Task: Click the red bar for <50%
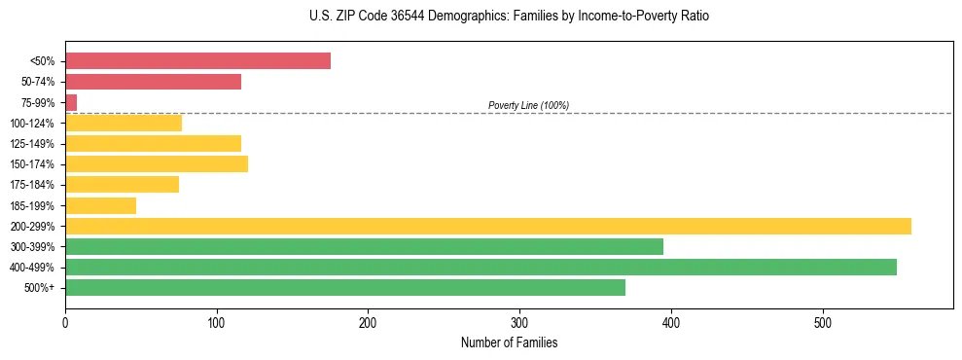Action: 197,61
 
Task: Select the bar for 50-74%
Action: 153,82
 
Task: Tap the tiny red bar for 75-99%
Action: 71,102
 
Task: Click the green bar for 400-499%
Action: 481,267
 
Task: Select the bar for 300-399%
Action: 364,246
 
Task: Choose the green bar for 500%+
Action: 345,287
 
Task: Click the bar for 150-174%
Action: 157,163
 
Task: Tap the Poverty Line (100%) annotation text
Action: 528,105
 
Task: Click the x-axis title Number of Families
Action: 509,343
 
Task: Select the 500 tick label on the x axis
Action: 823,323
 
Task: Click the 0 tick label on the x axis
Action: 65,323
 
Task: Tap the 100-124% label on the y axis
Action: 32,124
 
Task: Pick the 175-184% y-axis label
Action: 32,185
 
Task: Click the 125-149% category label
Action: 32,144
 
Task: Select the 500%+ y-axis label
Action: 39,288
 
